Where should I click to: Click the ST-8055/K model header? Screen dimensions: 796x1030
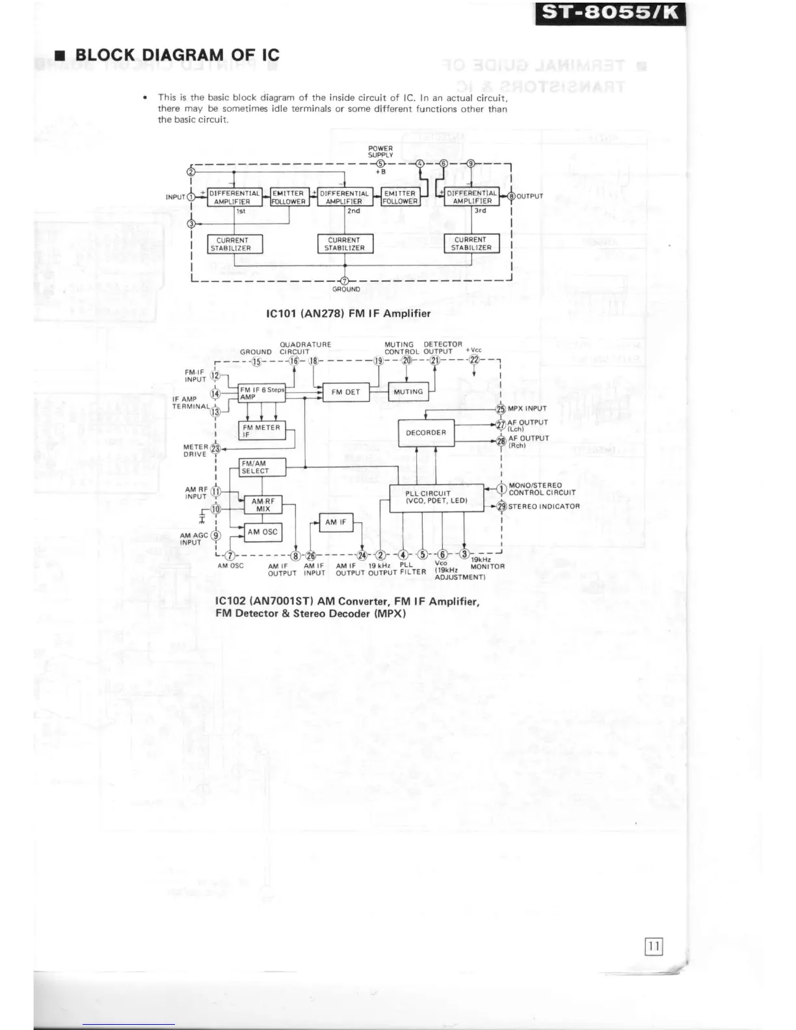[609, 14]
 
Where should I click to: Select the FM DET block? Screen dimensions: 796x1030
[345, 392]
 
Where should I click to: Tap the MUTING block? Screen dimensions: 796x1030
[408, 392]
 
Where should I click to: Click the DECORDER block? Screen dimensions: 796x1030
[426, 433]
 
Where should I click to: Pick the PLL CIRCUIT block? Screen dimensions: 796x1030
[436, 497]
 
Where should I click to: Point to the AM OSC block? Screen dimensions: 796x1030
[262, 532]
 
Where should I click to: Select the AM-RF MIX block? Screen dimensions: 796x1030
[263, 505]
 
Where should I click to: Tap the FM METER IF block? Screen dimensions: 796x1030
[261, 431]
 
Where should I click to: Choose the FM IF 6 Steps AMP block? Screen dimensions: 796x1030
[261, 393]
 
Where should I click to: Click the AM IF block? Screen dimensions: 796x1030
[336, 522]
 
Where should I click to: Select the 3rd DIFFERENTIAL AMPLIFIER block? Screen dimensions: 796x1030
[471, 197]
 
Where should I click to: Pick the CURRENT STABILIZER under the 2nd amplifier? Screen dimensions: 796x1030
[344, 244]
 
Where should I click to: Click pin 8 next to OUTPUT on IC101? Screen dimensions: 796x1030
[511, 196]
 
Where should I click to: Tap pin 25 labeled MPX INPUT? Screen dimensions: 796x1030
[501, 409]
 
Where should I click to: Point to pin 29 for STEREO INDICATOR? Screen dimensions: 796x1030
[501, 507]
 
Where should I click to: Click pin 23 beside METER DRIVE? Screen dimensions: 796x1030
[215, 449]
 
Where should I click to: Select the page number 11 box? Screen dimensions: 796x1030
[654, 946]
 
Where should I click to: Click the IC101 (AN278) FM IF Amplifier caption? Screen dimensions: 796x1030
[349, 313]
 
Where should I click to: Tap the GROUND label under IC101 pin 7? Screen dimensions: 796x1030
[346, 289]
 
